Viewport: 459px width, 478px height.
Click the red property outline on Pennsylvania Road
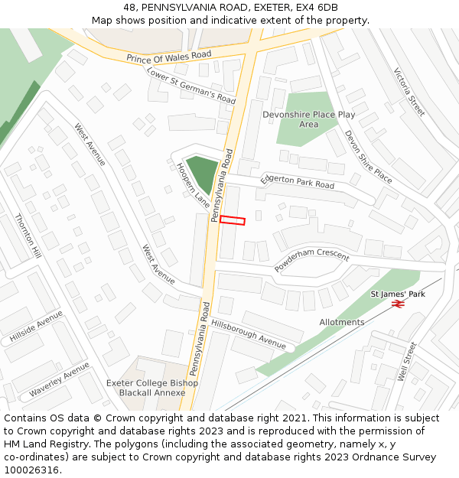(233, 221)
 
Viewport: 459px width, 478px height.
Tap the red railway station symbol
(398, 304)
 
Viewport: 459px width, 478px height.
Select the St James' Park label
(398, 294)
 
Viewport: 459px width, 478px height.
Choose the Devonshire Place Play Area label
(309, 119)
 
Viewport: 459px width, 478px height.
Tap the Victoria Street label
(409, 92)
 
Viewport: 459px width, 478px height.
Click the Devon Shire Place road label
(368, 157)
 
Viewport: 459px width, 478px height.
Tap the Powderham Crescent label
(311, 261)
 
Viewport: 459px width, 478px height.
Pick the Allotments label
(342, 322)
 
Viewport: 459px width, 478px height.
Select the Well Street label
(406, 361)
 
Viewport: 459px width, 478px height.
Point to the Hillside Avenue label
(36, 327)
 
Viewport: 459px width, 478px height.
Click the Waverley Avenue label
(60, 379)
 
